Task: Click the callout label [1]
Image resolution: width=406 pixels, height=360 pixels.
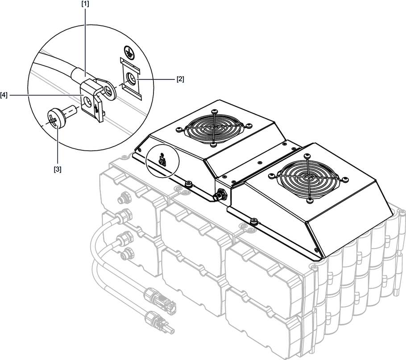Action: (86, 4)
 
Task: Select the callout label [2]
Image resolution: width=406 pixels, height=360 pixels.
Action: (180, 79)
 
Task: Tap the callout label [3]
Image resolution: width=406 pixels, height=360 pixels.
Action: (58, 170)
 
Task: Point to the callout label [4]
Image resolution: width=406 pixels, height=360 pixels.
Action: (4, 95)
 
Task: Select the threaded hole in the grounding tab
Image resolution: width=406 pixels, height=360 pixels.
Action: (130, 79)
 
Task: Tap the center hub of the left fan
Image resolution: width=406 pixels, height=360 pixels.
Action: (213, 128)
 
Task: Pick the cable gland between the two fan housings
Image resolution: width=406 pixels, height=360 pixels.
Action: (220, 195)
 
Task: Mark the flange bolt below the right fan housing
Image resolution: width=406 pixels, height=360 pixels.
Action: (254, 221)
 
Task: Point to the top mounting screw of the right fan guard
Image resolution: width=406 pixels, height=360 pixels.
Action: (307, 156)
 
